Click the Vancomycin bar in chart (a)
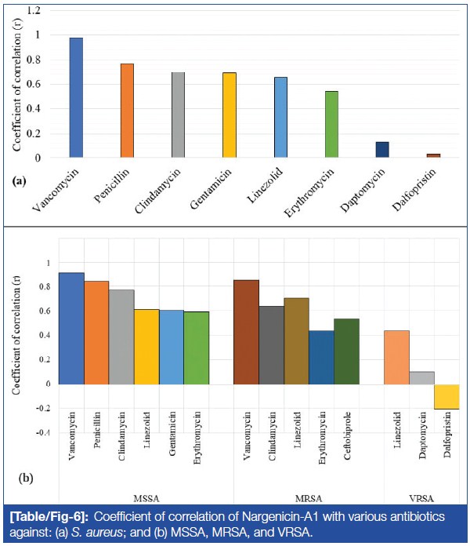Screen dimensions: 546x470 pos(76,97)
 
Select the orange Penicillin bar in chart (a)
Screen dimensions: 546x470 pos(127,111)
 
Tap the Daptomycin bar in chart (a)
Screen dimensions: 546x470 pos(381,150)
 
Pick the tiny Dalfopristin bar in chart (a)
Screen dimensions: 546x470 pos(433,155)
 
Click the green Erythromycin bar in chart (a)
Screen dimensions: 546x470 pos(331,124)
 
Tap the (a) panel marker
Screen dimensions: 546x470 pos(20,180)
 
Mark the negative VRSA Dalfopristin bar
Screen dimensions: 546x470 pos(446,397)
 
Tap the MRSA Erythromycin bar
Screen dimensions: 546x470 pos(321,357)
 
